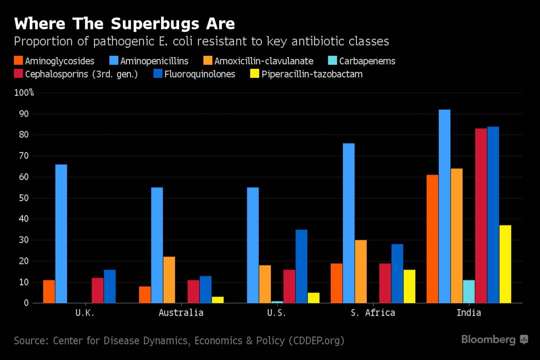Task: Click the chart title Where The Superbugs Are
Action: point(124,24)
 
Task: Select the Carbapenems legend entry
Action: point(362,61)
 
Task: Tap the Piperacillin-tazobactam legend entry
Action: point(307,74)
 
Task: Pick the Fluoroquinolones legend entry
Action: point(194,74)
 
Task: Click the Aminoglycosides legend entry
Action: point(54,61)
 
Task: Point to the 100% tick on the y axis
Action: point(24,93)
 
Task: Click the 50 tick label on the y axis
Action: point(24,198)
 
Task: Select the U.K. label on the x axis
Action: point(84,313)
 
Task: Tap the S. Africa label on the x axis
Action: point(373,313)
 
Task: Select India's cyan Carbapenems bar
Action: point(469,292)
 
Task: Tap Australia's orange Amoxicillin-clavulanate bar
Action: point(169,280)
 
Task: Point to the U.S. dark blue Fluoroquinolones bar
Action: point(301,266)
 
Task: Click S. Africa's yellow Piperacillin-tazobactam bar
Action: point(409,286)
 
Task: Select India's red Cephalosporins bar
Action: point(481,216)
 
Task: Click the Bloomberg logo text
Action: point(488,340)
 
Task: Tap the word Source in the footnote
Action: point(31,341)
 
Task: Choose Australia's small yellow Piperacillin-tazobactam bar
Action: point(218,300)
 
